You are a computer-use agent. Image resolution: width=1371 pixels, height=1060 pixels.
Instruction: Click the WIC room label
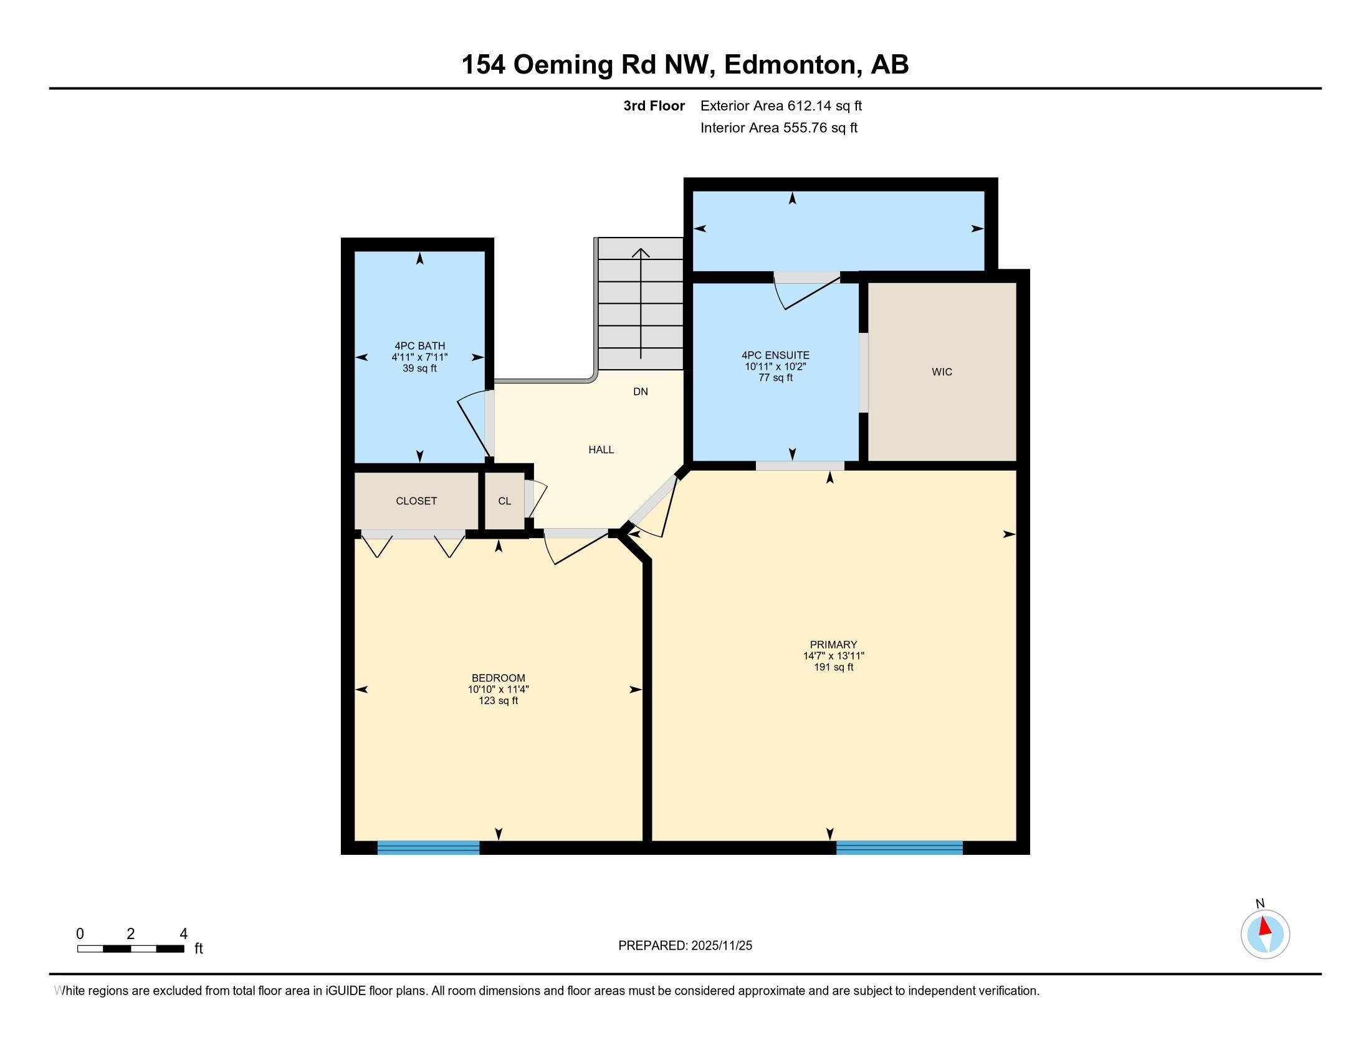[942, 372]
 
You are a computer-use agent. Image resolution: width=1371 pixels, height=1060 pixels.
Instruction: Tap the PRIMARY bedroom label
[833, 644]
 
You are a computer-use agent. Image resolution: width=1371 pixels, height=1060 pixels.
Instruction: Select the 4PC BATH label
[419, 346]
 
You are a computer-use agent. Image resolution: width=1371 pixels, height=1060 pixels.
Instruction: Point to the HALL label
[601, 450]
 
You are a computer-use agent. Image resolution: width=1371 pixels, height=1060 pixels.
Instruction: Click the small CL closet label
[505, 501]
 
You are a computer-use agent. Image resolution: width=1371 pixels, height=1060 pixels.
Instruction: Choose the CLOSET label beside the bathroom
[416, 501]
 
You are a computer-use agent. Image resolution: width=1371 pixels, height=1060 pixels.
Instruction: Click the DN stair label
[640, 392]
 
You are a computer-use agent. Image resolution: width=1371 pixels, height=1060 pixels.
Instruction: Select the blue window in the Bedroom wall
[428, 848]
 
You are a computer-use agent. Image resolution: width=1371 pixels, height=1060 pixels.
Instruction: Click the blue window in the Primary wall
[899, 848]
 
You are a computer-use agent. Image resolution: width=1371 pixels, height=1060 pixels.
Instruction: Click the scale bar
[131, 949]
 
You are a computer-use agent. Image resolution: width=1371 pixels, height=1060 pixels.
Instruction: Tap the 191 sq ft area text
[833, 667]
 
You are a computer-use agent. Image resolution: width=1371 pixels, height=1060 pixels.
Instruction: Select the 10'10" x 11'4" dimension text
[499, 689]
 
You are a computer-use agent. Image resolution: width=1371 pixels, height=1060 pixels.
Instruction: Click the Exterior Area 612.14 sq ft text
[781, 105]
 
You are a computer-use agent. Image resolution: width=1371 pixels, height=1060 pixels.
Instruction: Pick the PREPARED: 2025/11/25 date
[685, 945]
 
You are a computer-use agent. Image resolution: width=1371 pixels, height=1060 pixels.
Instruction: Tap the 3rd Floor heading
[654, 105]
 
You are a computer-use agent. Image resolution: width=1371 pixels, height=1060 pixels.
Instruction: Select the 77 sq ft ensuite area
[775, 378]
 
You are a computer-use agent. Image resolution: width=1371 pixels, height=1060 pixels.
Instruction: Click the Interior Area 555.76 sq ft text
[778, 128]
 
